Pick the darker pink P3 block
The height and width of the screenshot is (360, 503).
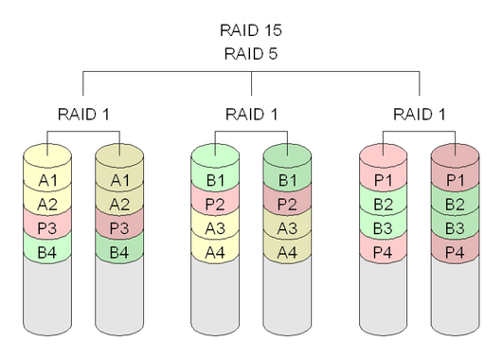[x=119, y=227]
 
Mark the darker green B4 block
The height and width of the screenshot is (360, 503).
[x=119, y=251]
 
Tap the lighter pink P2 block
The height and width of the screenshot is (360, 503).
[x=216, y=204]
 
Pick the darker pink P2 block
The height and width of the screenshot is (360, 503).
[x=288, y=204]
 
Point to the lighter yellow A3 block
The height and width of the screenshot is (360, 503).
[x=216, y=227]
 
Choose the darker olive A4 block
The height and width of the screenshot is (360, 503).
[x=288, y=251]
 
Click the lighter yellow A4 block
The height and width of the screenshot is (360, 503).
[x=216, y=251]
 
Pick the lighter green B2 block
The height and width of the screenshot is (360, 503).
[x=384, y=204]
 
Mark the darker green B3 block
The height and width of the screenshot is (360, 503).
[x=456, y=227]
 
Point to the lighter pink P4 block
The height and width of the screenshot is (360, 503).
[x=384, y=251]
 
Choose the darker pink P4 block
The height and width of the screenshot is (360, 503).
[x=456, y=251]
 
